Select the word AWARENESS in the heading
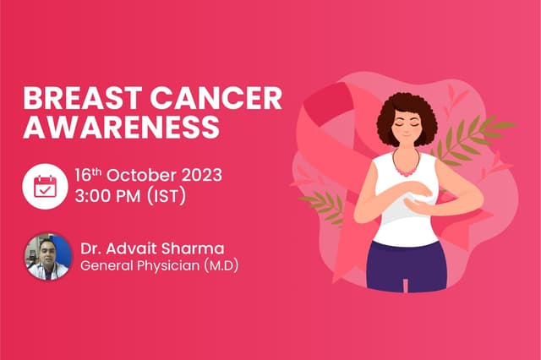(121, 128)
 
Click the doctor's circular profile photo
(46, 256)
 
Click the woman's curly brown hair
(405, 113)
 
